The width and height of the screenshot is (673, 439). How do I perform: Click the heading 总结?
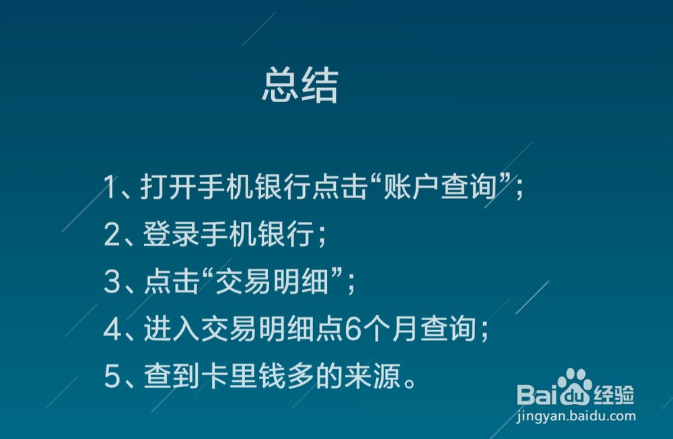coord(299,86)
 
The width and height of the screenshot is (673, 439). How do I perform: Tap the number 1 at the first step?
coord(110,188)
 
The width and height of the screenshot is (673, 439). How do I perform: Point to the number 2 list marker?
coord(111,235)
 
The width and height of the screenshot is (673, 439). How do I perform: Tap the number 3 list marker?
coord(111,283)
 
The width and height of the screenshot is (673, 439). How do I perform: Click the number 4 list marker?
coord(111,330)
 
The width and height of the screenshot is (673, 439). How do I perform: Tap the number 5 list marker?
coord(111,377)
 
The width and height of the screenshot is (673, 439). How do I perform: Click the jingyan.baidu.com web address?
coord(576,416)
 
